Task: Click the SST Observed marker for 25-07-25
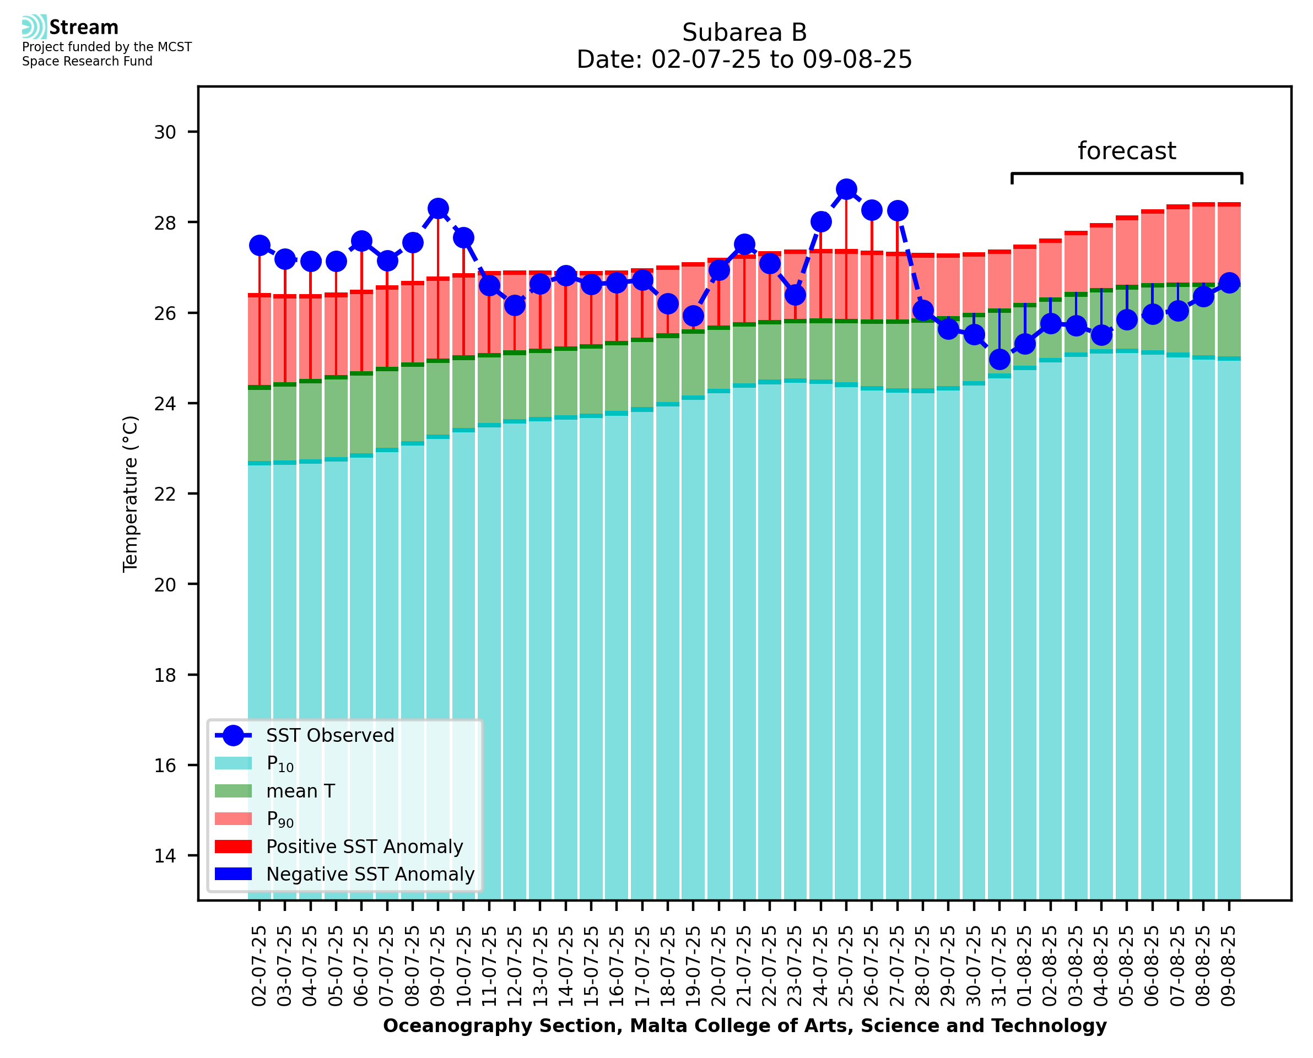coord(846,189)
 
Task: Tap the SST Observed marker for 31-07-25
coord(999,360)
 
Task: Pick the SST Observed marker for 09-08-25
coord(1229,283)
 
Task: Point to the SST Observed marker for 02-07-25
coord(260,246)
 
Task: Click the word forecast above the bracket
coord(1126,151)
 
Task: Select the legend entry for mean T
coord(300,791)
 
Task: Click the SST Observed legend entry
coord(330,736)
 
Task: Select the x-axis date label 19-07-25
coord(693,966)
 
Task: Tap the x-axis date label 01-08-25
coord(1025,966)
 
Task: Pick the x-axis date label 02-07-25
coord(260,966)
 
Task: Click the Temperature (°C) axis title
coord(131,493)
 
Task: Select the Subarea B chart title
coord(744,32)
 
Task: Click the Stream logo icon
coord(34,27)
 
